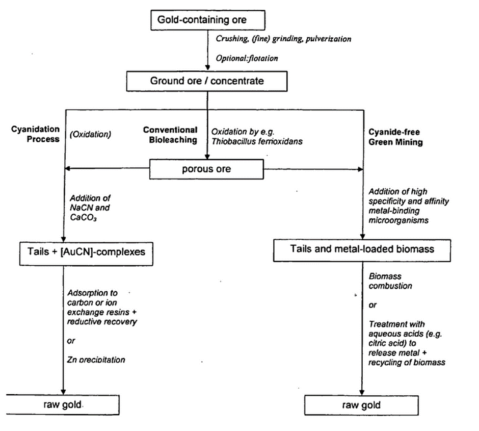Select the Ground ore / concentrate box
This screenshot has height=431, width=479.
coord(207,81)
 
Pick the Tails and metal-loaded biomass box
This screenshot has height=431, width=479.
coord(362,248)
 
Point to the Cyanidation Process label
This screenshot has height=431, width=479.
coord(36,134)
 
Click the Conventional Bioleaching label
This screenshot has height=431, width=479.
coord(170,135)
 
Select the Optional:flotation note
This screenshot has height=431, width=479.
coord(247,58)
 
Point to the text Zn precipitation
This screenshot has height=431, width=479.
coord(96,360)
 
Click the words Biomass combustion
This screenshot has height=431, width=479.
coord(390,281)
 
